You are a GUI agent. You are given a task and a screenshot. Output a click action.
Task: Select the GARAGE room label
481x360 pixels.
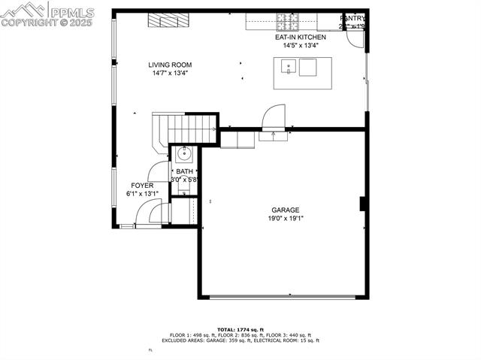(x=286, y=210)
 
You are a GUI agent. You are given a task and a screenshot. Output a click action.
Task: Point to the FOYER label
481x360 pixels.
(x=142, y=185)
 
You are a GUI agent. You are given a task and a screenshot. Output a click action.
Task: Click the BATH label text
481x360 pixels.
(x=184, y=172)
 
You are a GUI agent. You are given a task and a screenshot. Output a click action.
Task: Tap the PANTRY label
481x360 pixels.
(x=352, y=17)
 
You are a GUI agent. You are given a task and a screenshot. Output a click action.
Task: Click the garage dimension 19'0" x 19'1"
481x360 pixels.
(x=286, y=219)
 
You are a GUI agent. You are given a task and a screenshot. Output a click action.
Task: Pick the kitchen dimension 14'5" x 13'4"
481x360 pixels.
(x=301, y=45)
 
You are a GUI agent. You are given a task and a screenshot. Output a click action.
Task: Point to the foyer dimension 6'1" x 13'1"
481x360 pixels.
(x=142, y=194)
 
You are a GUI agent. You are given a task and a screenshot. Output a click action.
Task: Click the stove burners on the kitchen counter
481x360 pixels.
(x=286, y=20)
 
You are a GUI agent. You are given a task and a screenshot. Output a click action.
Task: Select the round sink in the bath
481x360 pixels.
(x=184, y=156)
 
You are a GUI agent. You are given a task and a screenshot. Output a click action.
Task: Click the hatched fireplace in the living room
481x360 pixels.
(x=164, y=20)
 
